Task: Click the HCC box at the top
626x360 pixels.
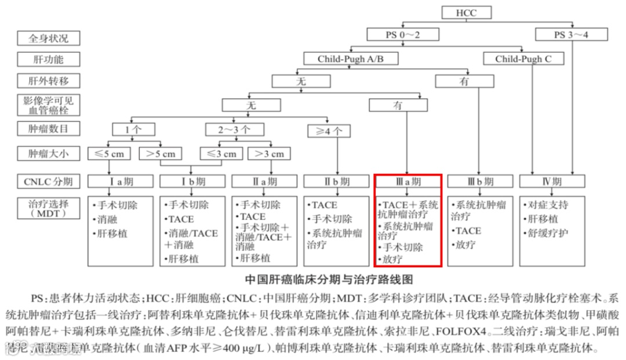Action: coord(467,13)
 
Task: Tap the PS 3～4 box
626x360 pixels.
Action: coord(571,35)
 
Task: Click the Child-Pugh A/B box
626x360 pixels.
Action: coord(351,59)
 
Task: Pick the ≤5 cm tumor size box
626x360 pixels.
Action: coord(109,154)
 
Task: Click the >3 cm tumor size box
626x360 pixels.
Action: coord(270,154)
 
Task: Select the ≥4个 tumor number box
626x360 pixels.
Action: coord(329,131)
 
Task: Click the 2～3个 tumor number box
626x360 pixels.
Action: coord(235,129)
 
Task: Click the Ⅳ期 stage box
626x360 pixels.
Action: coord(552,181)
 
